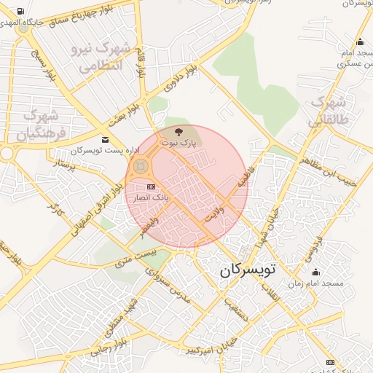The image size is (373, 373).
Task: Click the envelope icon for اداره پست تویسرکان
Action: click(106, 139)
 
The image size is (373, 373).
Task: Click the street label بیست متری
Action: click(138, 256)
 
